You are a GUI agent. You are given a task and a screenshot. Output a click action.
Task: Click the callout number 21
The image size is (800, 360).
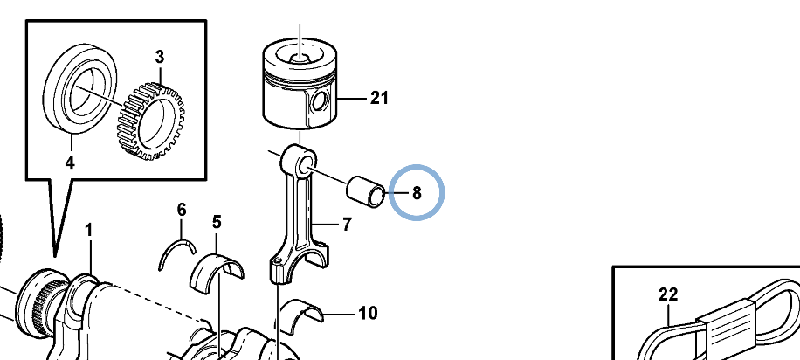pos(379,98)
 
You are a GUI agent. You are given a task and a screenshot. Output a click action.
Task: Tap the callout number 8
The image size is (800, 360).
pos(417,193)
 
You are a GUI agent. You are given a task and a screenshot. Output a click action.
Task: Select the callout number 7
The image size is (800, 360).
pos(347,225)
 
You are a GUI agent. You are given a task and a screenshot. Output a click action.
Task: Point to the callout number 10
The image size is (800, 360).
pos(368,313)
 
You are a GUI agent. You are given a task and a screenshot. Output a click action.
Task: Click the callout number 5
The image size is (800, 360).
pos(217,222)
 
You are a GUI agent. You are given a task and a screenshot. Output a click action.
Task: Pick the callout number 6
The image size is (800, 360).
pos(182,210)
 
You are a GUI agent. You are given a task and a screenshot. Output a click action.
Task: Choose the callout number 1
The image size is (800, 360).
pos(89,231)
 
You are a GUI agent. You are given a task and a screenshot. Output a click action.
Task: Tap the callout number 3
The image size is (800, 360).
pos(160,57)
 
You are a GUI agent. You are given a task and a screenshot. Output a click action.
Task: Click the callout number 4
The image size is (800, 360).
pos(70,163)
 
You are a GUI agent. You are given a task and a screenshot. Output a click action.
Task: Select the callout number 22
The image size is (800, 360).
pos(668,294)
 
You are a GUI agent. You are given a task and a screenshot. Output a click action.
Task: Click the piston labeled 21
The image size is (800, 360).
pos(300,84)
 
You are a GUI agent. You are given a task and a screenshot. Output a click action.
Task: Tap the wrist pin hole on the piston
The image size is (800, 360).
pos(320,102)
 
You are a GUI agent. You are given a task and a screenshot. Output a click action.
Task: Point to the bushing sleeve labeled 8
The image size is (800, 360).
pos(366,191)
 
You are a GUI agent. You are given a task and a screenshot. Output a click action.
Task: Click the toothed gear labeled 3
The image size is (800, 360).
pos(151,121)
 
